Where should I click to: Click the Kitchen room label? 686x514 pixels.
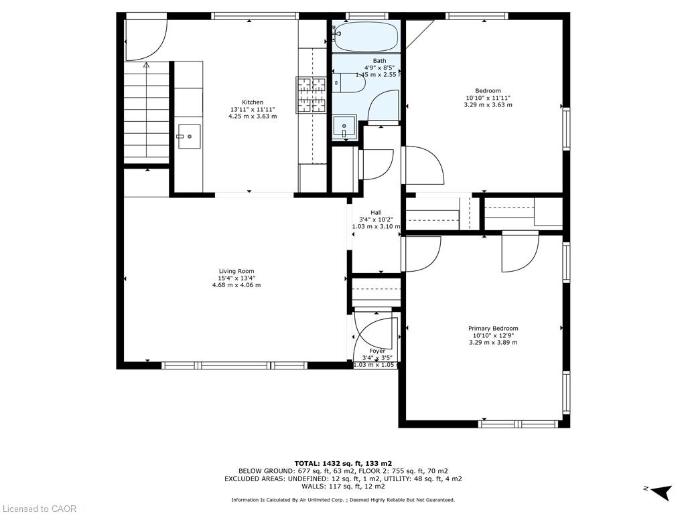tap(252, 102)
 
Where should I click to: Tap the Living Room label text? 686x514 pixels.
tap(236, 271)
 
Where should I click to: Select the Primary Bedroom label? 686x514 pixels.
tap(492, 329)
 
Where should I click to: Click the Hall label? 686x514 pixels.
tap(376, 212)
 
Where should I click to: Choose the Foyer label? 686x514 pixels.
tap(377, 351)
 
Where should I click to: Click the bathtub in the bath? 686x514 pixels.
tap(366, 37)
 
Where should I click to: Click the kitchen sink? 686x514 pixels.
tap(190, 137)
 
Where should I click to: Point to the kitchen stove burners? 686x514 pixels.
tap(311, 94)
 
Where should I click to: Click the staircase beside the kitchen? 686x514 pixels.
tap(147, 114)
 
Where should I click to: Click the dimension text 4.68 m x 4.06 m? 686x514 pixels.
tap(236, 285)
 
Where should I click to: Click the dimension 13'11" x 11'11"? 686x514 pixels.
tap(252, 109)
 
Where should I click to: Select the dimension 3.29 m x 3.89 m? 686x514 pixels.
tap(492, 343)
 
